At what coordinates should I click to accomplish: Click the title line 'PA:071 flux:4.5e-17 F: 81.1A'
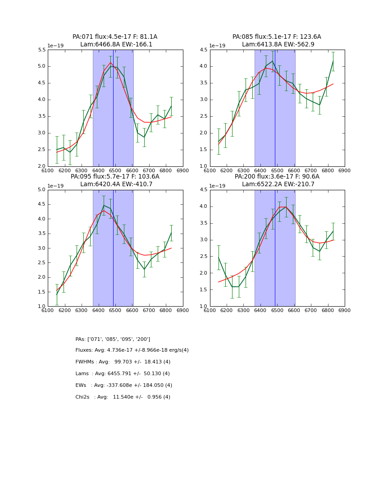(x=115, y=37)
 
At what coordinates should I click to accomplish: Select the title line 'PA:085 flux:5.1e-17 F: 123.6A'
(x=277, y=37)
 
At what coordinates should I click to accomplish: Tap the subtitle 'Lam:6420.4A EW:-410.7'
(x=115, y=184)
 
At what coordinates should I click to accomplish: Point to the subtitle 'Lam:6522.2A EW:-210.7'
(x=277, y=184)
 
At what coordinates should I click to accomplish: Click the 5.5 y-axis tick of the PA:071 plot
(x=41, y=50)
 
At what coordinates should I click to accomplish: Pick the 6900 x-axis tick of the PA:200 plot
(x=344, y=310)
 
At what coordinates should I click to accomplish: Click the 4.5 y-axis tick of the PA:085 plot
(x=203, y=50)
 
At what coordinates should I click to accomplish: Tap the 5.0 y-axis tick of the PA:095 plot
(x=41, y=190)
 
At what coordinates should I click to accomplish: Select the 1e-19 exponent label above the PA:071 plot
(x=56, y=46)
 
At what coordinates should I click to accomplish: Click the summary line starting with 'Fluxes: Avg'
(x=132, y=350)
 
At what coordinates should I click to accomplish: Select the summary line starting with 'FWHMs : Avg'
(x=123, y=362)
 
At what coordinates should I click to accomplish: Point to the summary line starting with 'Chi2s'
(x=123, y=397)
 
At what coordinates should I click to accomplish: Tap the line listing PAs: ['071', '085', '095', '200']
(x=113, y=339)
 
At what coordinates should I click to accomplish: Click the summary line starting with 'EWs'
(x=124, y=386)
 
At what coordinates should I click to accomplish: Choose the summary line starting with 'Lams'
(x=123, y=374)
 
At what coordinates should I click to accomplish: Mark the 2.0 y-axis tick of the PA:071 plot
(x=41, y=166)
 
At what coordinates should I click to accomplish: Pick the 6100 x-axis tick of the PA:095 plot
(x=48, y=310)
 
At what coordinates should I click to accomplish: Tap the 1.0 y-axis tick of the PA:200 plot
(x=203, y=307)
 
